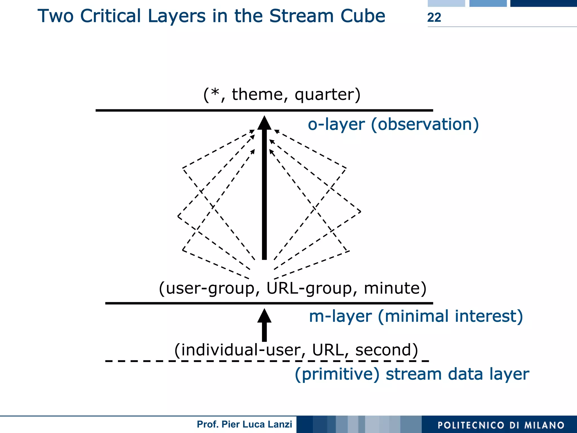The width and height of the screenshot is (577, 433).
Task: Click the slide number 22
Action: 434,17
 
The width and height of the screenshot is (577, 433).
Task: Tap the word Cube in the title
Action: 363,16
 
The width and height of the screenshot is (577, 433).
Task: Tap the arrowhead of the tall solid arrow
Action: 264,123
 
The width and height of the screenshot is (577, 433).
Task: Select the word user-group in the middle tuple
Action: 210,288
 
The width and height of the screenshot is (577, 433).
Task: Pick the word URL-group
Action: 309,288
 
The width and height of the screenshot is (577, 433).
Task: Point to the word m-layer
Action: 340,316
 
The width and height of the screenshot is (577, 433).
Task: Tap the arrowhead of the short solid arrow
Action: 264,316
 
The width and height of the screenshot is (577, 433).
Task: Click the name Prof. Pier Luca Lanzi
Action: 244,424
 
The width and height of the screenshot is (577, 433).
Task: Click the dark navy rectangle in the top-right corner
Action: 543,3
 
